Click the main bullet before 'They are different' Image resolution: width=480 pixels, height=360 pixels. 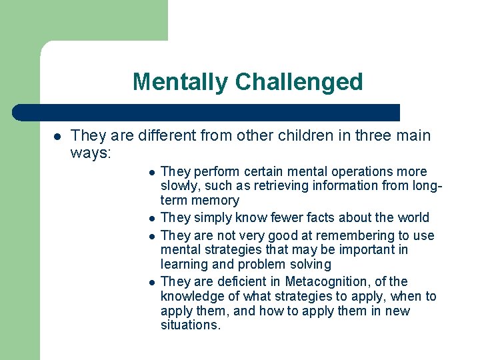click(x=57, y=137)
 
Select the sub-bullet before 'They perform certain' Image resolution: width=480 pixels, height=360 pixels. click(x=152, y=172)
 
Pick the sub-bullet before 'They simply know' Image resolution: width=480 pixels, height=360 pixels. click(x=152, y=219)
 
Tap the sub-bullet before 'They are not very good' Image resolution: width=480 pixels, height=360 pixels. click(x=152, y=236)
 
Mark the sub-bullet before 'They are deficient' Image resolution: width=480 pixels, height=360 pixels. click(x=152, y=282)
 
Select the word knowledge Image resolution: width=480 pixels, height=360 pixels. click(x=191, y=296)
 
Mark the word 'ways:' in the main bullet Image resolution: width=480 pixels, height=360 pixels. click(x=91, y=153)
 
